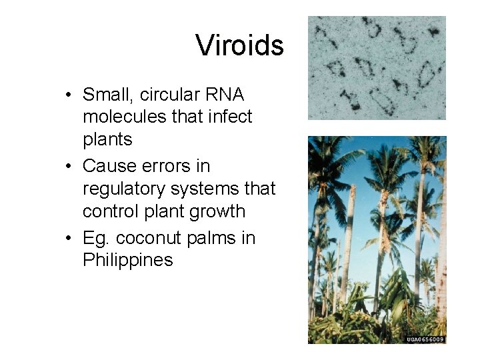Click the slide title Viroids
click(x=240, y=46)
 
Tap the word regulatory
click(x=124, y=189)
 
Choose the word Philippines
click(x=127, y=260)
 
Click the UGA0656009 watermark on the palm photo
click(x=425, y=339)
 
